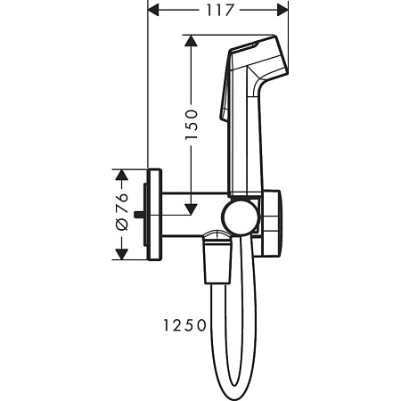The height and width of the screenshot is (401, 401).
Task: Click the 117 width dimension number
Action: pyautogui.click(x=217, y=11)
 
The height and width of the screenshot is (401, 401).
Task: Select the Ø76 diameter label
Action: pyautogui.click(x=123, y=214)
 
